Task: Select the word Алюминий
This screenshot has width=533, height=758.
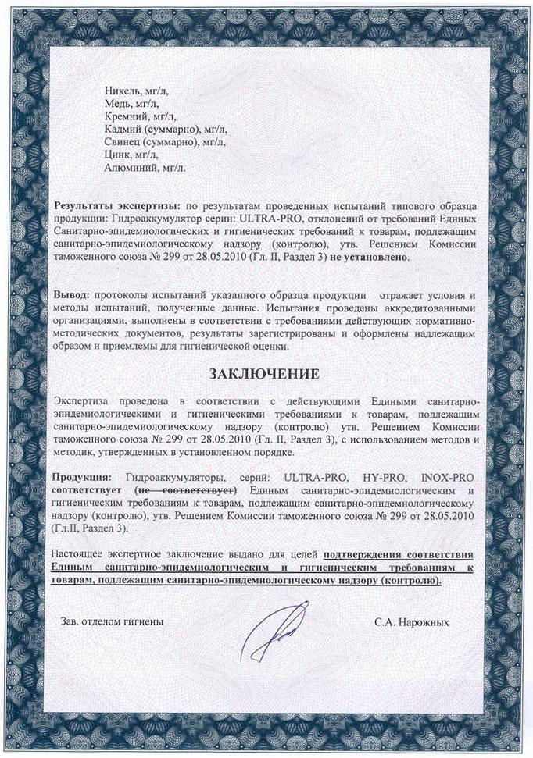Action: click(127, 166)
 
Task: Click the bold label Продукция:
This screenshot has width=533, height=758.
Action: click(81, 476)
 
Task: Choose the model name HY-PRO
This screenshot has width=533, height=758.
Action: click(377, 476)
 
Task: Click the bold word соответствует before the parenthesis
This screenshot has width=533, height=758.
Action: click(90, 489)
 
